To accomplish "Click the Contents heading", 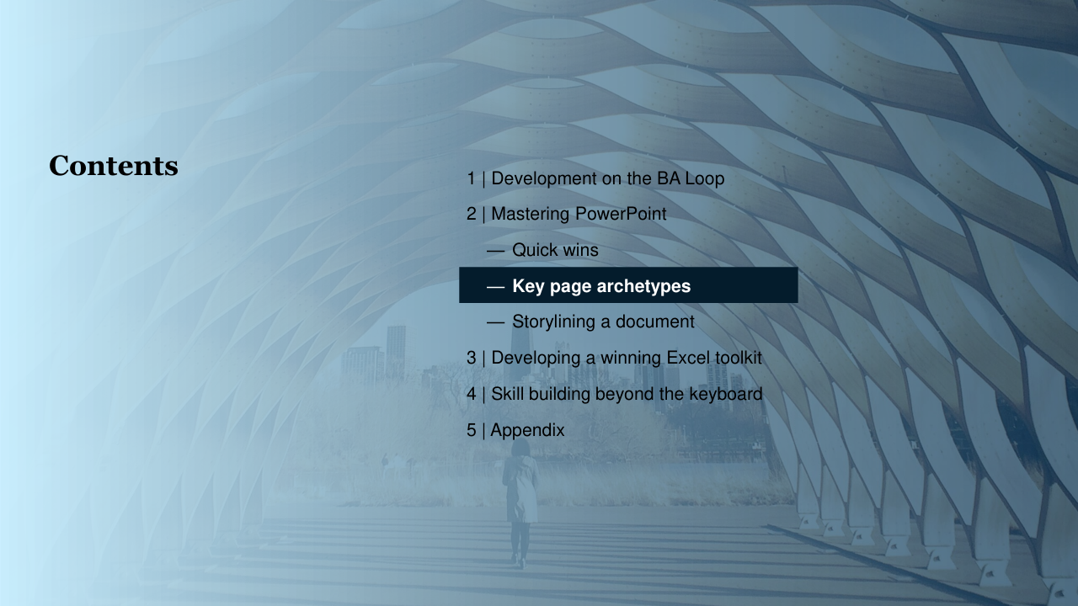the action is click(x=114, y=166).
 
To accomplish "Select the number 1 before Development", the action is click(x=471, y=178).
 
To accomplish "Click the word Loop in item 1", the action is click(x=705, y=179).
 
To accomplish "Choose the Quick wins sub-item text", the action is click(x=555, y=250).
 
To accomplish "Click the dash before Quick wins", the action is click(x=496, y=251).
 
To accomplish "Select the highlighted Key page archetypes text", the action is click(x=601, y=286).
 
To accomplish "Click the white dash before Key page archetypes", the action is click(x=496, y=287).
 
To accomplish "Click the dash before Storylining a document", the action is click(x=496, y=322).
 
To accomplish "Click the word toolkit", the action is click(x=739, y=358).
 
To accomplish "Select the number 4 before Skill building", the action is click(x=471, y=394).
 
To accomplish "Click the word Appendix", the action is click(x=527, y=430).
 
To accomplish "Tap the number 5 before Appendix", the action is click(x=471, y=430).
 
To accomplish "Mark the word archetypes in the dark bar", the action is click(x=644, y=287).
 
